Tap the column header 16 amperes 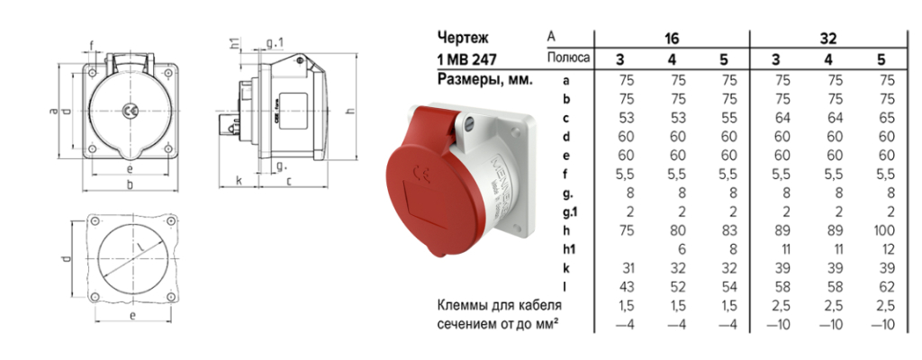(672, 38)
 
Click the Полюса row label (569, 59)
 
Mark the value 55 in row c (728, 117)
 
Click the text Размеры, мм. (484, 79)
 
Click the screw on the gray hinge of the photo (467, 121)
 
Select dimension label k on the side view (238, 180)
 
